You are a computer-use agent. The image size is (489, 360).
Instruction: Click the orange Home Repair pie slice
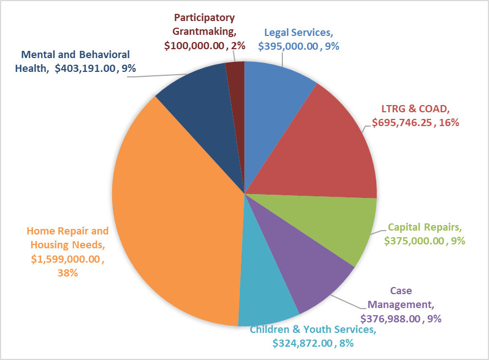pyautogui.click(x=177, y=216)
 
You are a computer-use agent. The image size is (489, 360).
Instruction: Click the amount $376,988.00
pyautogui.click(x=390, y=319)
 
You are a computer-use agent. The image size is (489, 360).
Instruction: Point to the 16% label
pyautogui.click(x=449, y=123)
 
